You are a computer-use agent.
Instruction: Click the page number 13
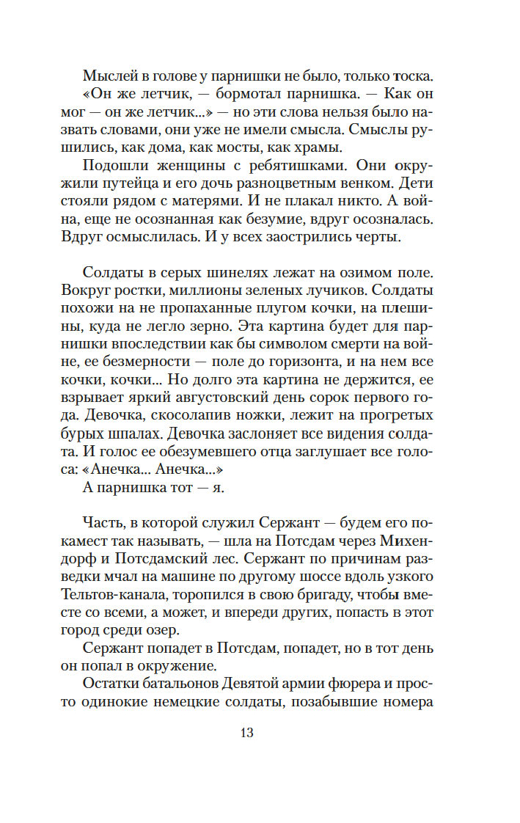click(x=246, y=733)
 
